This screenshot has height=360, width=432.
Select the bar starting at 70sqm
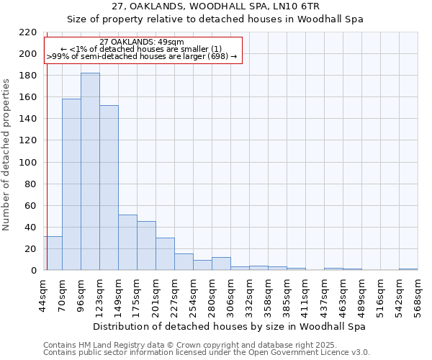pyautogui.click(x=71, y=184)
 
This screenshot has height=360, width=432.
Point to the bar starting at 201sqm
pyautogui.click(x=165, y=254)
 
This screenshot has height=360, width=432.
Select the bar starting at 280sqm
pyautogui.click(x=221, y=264)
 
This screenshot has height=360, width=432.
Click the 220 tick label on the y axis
pyautogui.click(x=28, y=32)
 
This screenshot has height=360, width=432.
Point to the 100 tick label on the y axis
pyautogui.click(x=28, y=162)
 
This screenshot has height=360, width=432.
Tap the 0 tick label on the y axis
pyautogui.click(x=33, y=271)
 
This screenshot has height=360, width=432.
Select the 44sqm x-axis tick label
pyautogui.click(x=44, y=293)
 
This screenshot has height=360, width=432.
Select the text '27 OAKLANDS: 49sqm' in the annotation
pyautogui.click(x=142, y=42)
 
